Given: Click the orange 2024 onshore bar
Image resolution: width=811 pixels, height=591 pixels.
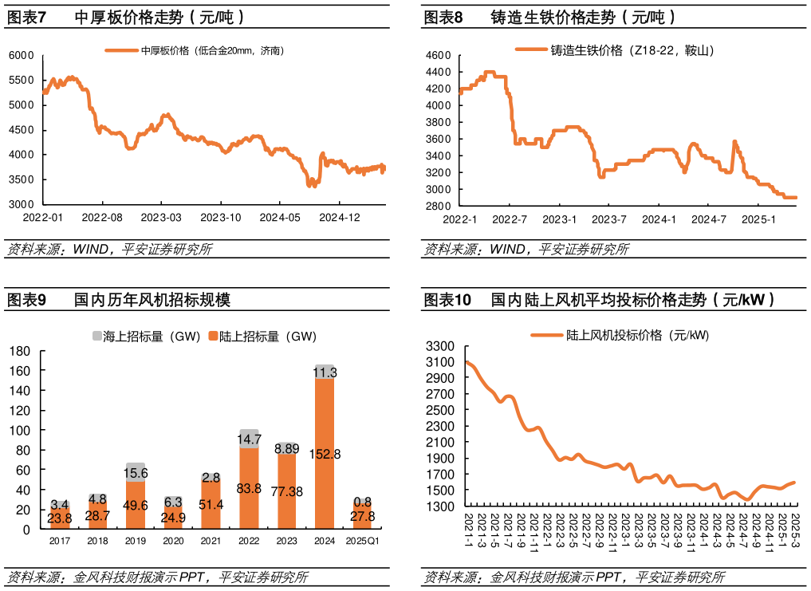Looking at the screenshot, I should tap(325, 479).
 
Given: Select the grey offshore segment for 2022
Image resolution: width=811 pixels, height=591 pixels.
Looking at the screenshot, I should tap(250, 439).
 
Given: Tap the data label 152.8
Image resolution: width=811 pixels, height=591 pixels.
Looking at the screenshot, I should tap(325, 454).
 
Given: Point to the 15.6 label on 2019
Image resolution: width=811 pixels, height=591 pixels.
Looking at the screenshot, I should tap(136, 473).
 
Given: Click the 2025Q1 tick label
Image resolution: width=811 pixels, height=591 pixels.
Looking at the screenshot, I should tap(363, 542).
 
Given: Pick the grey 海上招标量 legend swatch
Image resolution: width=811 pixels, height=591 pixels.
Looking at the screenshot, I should tap(97, 337).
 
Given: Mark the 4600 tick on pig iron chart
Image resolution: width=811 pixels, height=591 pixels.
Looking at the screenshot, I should tap(439, 55).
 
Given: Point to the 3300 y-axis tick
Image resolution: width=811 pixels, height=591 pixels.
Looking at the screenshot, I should tap(440, 346).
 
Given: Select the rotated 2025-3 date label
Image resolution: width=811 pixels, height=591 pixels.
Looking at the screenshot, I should tap(795, 531).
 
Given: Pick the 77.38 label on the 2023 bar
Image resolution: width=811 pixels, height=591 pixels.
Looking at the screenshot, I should tap(287, 491).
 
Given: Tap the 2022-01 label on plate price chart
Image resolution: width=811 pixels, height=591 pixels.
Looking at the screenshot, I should tap(42, 217).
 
